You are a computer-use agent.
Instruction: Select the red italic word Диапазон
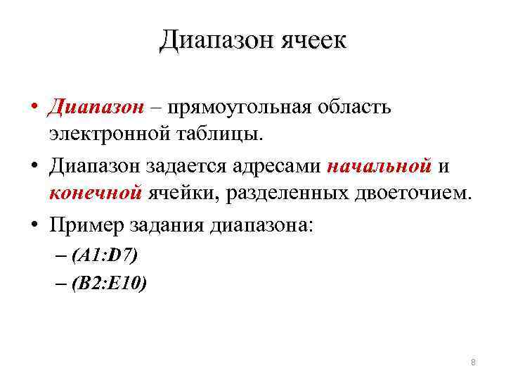pyautogui.click(x=95, y=108)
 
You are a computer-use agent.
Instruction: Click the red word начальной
pyautogui.click(x=379, y=167)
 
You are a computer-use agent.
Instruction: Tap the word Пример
pyautogui.click(x=86, y=226)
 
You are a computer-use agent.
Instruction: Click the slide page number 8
pyautogui.click(x=473, y=362)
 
